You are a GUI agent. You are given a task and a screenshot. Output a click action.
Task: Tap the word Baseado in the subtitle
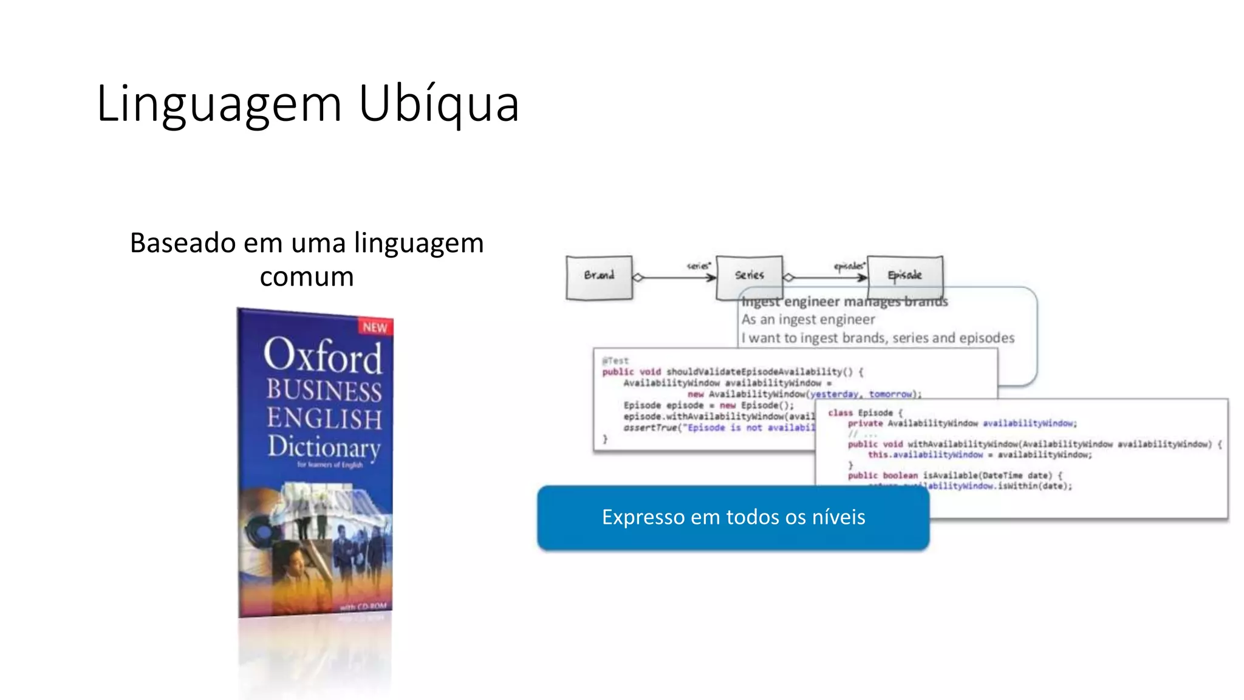183,243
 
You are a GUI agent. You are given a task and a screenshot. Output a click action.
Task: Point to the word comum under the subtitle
307,277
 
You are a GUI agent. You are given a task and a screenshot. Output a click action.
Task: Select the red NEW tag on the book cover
375,328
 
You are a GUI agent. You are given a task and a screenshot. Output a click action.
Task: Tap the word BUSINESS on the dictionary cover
324,390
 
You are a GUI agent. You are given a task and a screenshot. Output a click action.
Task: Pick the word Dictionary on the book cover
324,447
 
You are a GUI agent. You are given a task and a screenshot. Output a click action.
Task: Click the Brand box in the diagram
599,276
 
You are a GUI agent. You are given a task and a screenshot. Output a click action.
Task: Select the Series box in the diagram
749,276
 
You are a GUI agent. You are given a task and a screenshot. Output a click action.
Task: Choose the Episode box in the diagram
904,276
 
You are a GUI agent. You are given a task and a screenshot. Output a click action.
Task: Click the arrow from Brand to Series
674,278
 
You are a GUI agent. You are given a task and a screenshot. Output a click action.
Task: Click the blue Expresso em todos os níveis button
733,518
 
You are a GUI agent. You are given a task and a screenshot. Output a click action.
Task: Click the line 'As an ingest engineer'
808,320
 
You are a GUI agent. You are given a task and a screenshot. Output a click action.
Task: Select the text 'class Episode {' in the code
865,413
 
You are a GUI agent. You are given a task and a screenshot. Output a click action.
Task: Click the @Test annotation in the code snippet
615,360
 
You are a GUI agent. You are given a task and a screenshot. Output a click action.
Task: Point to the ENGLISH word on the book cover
324,419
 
